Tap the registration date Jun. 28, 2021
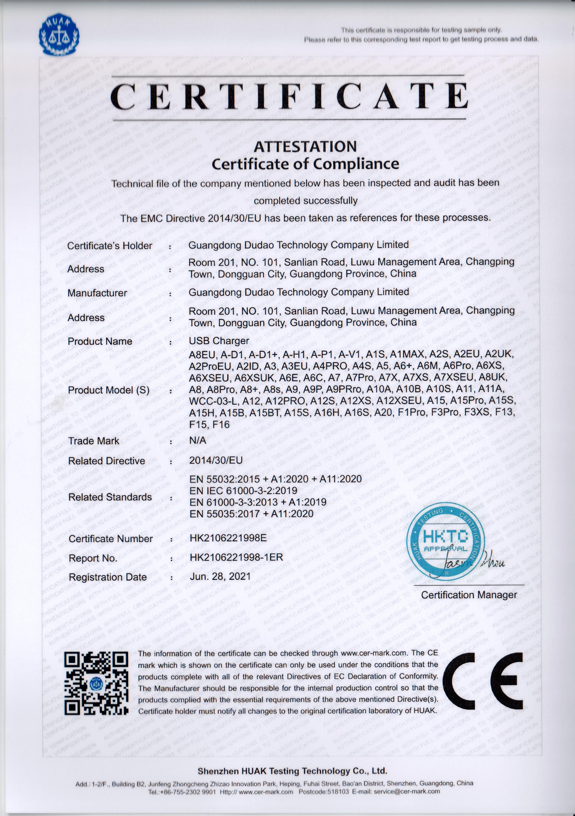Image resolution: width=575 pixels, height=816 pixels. [x=220, y=576]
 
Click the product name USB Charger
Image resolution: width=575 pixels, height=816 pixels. [x=219, y=341]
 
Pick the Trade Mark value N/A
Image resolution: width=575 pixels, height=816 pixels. [x=198, y=440]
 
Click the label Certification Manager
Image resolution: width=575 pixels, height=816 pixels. [x=469, y=595]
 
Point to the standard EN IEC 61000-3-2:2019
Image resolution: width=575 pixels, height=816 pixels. [x=243, y=491]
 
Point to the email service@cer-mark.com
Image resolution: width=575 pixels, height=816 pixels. [x=406, y=791]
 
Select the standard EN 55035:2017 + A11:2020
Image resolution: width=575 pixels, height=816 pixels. [x=251, y=513]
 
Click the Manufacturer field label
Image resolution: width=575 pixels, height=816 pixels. [x=97, y=293]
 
